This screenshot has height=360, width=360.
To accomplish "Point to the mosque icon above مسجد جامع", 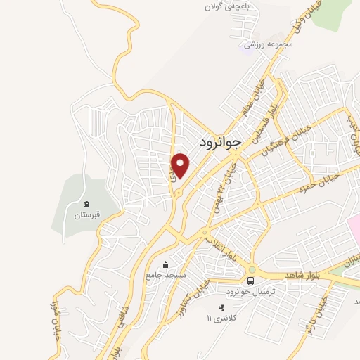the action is click(165, 264).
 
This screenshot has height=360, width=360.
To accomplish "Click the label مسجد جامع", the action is click(167, 275).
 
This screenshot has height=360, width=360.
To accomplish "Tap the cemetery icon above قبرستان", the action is click(86, 204).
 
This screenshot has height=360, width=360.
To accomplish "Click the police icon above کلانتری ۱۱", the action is click(222, 307).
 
